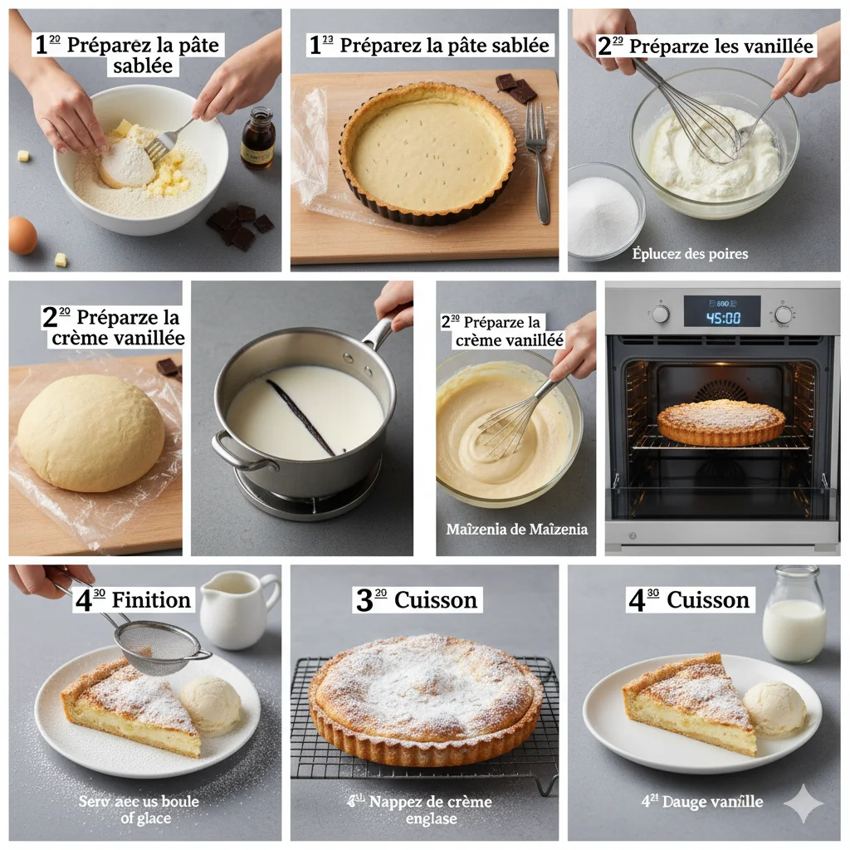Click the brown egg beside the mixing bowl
22,235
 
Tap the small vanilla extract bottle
257,139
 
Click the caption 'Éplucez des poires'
690,254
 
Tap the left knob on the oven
660,314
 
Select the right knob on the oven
784,314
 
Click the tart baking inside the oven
721,422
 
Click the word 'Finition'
151,600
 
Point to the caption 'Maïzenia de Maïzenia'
516,530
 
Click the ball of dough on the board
90,432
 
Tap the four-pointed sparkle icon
803,803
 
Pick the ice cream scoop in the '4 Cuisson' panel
774,708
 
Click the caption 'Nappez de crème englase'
430,810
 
